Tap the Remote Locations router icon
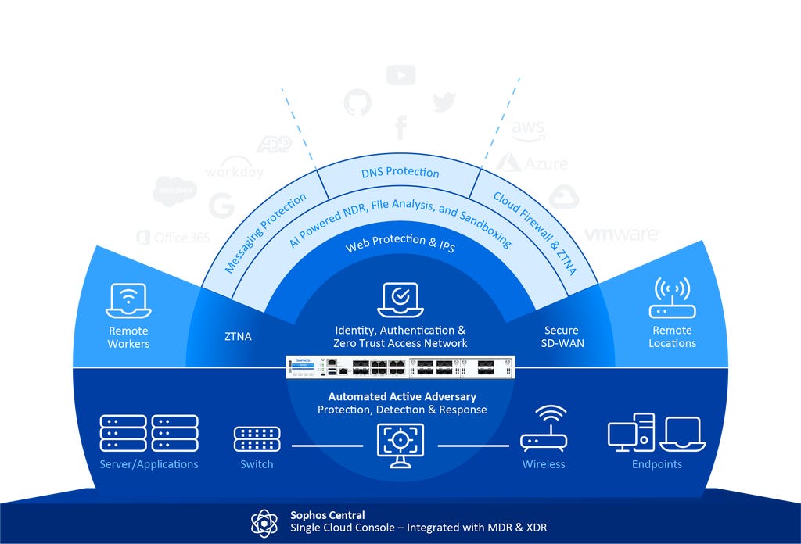(672, 299)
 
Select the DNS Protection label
(400, 173)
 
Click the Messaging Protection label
(265, 234)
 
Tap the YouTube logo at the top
(400, 75)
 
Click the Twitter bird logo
(444, 102)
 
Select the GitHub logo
(357, 104)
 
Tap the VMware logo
(622, 234)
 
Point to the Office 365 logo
(173, 238)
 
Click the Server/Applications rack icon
(149, 433)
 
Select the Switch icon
(257, 439)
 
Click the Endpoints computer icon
(656, 433)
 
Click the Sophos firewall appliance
(400, 366)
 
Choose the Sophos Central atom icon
(264, 521)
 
